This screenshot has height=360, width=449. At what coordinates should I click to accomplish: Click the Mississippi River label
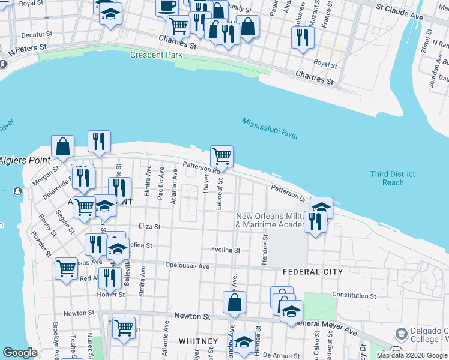270,128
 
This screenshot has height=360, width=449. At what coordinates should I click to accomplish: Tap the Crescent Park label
156,55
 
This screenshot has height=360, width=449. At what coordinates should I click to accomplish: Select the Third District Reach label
393,178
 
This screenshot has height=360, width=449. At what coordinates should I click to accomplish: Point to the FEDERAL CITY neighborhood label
313,272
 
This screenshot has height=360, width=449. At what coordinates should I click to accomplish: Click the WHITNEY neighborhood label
198,341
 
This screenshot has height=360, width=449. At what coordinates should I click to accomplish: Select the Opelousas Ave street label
187,266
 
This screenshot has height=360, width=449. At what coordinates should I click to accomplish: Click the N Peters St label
27,47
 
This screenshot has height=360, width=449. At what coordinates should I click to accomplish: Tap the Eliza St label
149,227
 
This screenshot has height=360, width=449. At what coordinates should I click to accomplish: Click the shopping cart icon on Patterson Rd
221,156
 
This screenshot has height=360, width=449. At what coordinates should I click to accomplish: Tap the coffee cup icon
167,5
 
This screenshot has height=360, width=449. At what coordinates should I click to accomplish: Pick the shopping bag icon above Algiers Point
62,146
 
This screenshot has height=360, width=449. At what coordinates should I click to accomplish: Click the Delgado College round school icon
401,334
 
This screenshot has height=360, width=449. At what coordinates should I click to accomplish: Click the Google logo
20,353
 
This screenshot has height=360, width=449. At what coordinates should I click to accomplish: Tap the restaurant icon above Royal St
303,37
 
